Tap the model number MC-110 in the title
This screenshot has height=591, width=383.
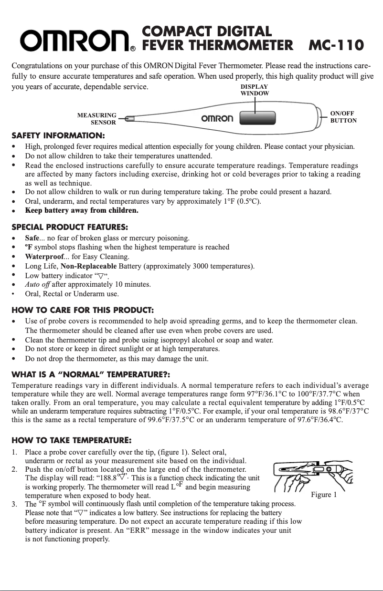(336, 45)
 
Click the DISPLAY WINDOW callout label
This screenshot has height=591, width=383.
(254, 90)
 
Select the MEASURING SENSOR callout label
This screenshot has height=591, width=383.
(96, 119)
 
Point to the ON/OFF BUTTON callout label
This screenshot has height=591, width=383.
(343, 117)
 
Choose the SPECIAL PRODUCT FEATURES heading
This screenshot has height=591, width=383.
(69, 226)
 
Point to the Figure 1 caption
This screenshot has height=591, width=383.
(324, 494)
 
